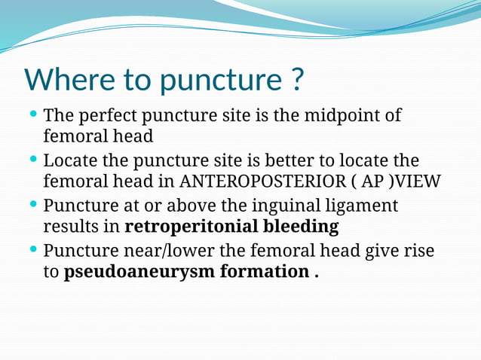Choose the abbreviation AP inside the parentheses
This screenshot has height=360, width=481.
pyautogui.click(x=365, y=182)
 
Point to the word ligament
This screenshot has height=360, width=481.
pyautogui.click(x=360, y=206)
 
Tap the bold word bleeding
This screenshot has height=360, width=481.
pyautogui.click(x=299, y=227)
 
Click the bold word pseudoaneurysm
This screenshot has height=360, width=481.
pyautogui.click(x=139, y=272)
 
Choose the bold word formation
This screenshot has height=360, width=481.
pyautogui.click(x=263, y=272)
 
